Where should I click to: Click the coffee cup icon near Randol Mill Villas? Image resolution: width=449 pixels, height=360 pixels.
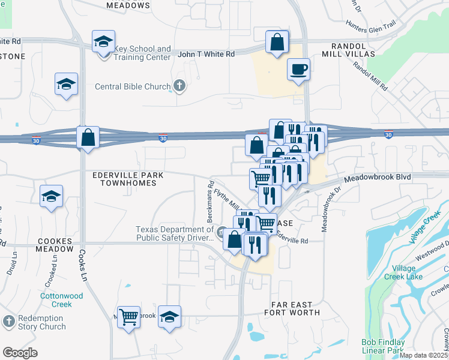point(298,70)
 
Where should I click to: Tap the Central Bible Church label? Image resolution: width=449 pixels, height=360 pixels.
point(133,86)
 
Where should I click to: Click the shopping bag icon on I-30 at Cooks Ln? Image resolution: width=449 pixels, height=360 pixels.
point(88,137)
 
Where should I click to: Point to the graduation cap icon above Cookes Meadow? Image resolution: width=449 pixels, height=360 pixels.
point(52,196)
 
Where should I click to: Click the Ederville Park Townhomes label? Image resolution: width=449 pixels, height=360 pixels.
point(124,179)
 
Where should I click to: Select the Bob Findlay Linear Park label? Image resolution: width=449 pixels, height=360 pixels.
point(383,346)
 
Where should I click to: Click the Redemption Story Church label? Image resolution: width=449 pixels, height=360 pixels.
point(41,322)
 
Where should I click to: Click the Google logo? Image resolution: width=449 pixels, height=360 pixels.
point(20,352)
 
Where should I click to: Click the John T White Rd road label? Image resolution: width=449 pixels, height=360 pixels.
point(206,54)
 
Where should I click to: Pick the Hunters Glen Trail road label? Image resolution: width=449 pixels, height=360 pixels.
point(371,25)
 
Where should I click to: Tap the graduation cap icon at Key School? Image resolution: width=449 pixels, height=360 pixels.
point(103,42)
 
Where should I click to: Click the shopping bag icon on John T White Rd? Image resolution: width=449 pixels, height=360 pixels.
point(276,42)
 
